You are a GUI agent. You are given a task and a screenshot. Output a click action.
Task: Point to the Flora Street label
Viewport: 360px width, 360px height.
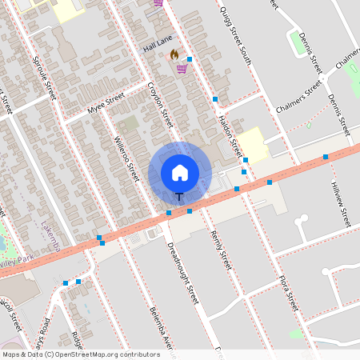point(288,294)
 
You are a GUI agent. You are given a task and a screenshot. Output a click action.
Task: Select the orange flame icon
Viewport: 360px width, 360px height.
point(174,54)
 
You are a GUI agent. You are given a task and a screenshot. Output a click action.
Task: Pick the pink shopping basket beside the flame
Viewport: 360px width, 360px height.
point(182,69)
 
